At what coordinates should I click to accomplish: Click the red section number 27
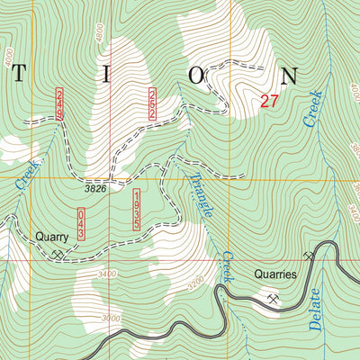point(269,102)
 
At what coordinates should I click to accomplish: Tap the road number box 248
point(60,105)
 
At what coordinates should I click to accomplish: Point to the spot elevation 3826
point(96,189)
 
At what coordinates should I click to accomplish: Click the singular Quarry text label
point(51,238)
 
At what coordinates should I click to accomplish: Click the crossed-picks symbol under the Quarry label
point(58,254)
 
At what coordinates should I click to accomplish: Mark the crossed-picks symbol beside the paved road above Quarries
point(310,256)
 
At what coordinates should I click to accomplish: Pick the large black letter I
point(107,76)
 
